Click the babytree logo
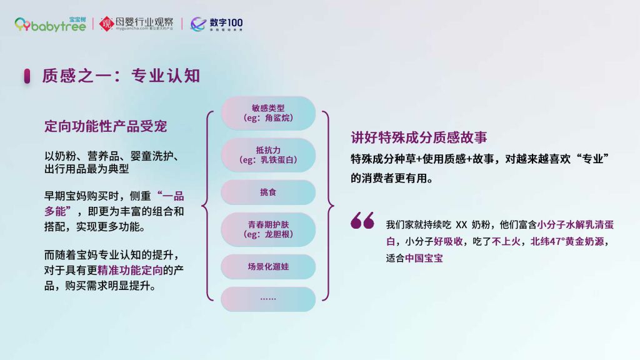click(50, 24)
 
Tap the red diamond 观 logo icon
click(106, 24)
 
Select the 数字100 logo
click(216, 24)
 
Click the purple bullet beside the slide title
click(27, 76)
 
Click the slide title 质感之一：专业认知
click(121, 76)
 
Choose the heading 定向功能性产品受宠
click(106, 126)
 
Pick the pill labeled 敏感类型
click(268, 113)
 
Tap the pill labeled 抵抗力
click(268, 155)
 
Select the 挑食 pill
click(268, 192)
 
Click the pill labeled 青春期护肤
click(268, 229)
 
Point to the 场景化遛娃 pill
click(268, 266)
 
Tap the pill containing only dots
click(268, 299)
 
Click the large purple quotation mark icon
click(362, 221)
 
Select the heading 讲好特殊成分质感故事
click(419, 137)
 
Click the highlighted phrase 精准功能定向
click(130, 270)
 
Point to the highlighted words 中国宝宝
click(424, 258)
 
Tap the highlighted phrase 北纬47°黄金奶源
click(567, 242)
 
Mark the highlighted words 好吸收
click(448, 242)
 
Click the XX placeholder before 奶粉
click(461, 225)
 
